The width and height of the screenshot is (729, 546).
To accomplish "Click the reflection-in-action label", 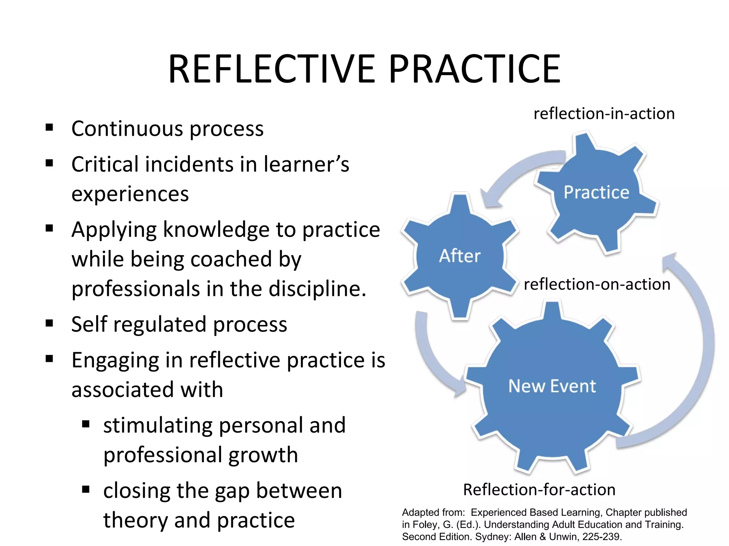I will pos(604,114).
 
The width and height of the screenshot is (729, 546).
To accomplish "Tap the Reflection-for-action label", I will pos(539,489).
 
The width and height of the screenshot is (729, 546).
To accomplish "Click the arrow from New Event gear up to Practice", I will pos(694,355).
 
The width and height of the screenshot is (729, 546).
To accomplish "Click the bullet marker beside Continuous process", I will pos(49,127).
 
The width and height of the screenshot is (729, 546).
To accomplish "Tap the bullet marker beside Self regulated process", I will pos(49,323).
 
